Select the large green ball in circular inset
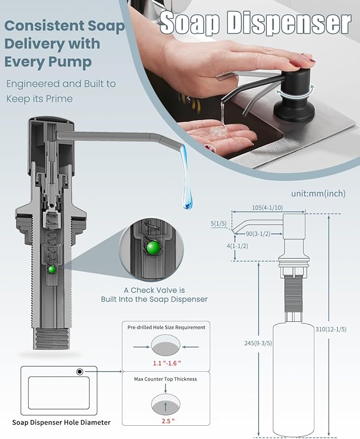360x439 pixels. (x=154, y=248)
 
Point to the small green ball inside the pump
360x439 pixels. (x=52, y=269)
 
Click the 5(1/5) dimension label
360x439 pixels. (x=218, y=224)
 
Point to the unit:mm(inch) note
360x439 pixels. (x=318, y=194)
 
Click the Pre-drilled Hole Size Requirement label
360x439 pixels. (x=166, y=327)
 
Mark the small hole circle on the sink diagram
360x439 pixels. (x=80, y=372)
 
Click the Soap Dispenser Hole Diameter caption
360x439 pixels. (x=62, y=423)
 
